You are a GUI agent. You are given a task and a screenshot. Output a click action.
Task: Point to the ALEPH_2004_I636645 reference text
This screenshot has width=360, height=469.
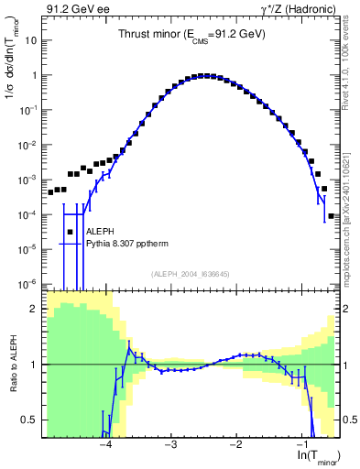coord(189,274)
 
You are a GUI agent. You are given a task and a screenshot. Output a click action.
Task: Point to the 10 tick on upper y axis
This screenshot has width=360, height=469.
coord(33,41)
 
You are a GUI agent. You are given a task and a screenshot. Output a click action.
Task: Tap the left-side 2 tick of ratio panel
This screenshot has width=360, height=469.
coord(36,309)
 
